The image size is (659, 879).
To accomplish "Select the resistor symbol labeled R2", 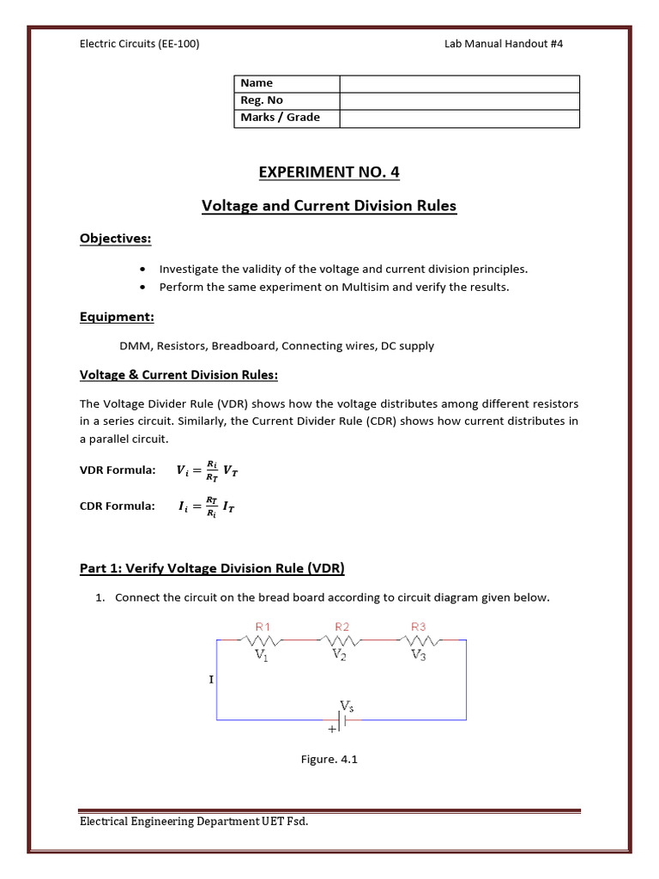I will pos(341,640).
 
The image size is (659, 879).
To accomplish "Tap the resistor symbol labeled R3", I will pos(419,640).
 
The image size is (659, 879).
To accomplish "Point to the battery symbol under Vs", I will pos(341,720).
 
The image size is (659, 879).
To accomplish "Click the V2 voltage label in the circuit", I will pos(342,654).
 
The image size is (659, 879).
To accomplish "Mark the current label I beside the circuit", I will pos(211,680).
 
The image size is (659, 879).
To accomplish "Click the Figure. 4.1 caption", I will pos(329,759).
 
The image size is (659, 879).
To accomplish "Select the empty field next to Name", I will pos(459,83).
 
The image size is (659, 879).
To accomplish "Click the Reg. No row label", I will pos(262,100).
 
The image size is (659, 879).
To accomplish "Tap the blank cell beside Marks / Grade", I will pos(459,118).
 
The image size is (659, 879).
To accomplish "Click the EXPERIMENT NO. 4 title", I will pos(329,173).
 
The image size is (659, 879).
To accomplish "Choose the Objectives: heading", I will pos(116,238).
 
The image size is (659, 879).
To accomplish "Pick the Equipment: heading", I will pos(117,318).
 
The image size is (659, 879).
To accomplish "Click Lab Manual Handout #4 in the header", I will pos(504,44).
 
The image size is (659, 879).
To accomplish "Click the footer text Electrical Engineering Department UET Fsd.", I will pos(194,821).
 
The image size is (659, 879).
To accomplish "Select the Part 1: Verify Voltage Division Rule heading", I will pos(212,568).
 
